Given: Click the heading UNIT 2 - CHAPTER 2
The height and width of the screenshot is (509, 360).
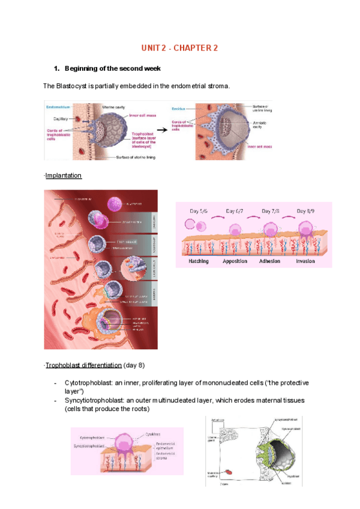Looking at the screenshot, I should click(179, 48).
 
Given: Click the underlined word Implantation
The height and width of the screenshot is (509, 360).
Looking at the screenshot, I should click(64, 176).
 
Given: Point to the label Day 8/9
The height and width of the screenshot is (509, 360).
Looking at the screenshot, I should click(308, 211).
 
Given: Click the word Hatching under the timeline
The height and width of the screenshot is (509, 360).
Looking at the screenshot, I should click(199, 261).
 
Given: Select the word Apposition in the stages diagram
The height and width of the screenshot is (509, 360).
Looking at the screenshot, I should click(235, 261).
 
